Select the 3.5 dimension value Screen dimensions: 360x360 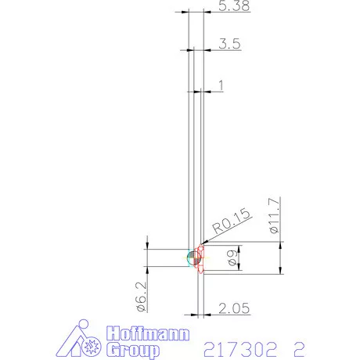click(229, 44)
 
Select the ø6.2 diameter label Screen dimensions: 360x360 click(139, 297)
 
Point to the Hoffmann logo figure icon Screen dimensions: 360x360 click(81, 340)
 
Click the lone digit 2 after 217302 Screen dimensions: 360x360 click(298, 346)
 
